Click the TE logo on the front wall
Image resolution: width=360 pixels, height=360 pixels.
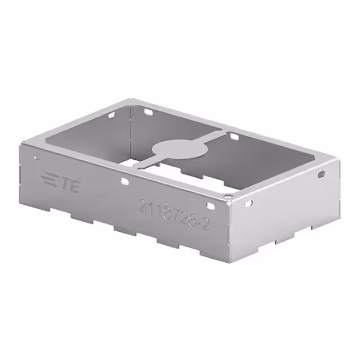click(x=61, y=182)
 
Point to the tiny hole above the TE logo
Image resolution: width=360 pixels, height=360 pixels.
click(x=35, y=158)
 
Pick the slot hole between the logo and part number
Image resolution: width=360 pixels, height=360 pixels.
click(x=123, y=181)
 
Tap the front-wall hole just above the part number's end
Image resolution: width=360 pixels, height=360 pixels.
click(x=209, y=206)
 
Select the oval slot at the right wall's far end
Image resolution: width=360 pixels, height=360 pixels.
click(x=321, y=174)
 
